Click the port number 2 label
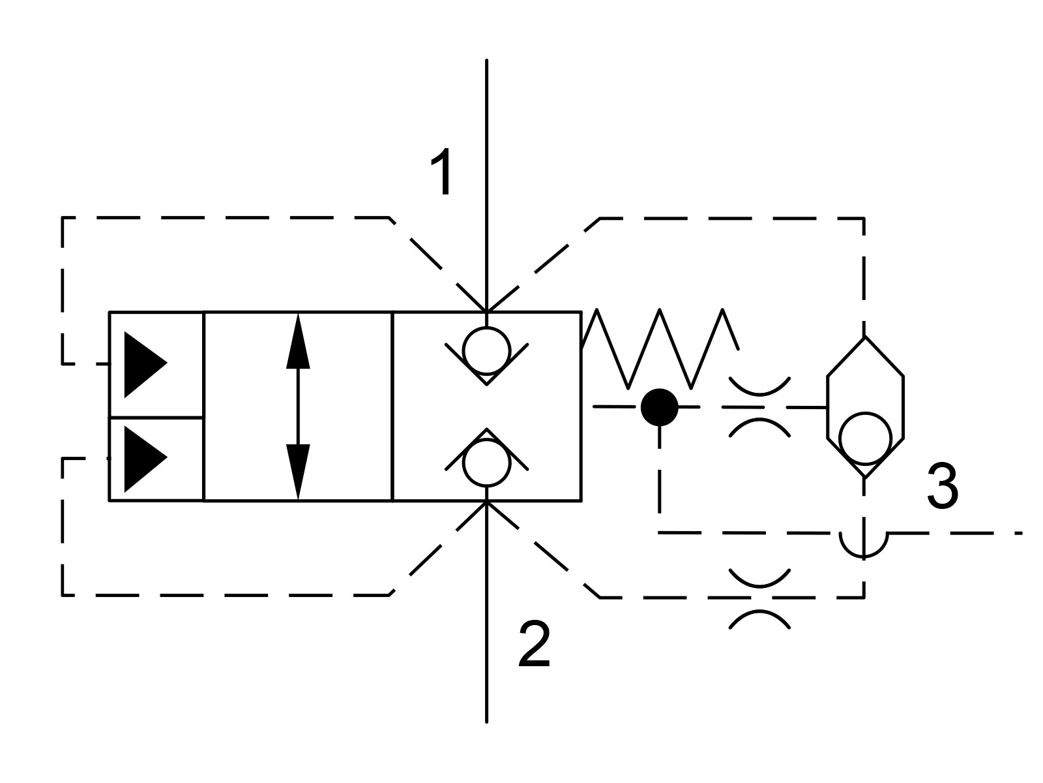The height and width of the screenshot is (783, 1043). (534, 644)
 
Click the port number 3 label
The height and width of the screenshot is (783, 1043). (943, 487)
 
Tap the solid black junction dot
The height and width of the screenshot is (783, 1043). (660, 407)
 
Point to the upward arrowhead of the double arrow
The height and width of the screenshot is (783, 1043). (298, 341)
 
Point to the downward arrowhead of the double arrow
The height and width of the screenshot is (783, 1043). (298, 472)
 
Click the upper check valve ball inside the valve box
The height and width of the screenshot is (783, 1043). (486, 351)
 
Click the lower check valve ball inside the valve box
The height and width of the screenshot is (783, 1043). (486, 463)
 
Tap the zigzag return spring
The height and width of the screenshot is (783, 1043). (660, 348)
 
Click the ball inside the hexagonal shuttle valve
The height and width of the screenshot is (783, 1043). (865, 438)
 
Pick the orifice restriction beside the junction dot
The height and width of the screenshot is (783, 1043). (759, 407)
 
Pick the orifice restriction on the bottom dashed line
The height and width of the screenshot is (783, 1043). (759, 598)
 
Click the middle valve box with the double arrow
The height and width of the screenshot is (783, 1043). (298, 407)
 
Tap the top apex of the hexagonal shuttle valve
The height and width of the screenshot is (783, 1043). (865, 337)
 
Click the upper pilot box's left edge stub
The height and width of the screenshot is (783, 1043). (103, 364)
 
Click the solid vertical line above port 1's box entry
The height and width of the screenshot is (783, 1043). (486, 185)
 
